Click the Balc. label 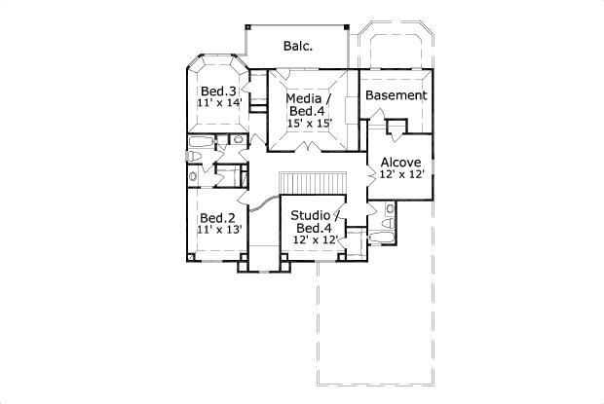pos(298,46)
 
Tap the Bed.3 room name pos(218,92)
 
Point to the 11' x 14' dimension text pos(219,103)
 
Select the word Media pos(304,98)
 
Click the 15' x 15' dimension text pos(310,123)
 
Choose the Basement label pos(396,95)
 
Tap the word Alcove pos(401,163)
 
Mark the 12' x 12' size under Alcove pos(401,174)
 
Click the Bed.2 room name pos(217,218)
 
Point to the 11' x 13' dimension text pos(219,230)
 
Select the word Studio pos(311,215)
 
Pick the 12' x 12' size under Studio pos(316,239)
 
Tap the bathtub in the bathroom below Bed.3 pos(201,141)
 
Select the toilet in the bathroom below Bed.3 pos(194,156)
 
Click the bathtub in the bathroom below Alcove pos(381,238)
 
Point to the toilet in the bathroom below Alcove pos(388,223)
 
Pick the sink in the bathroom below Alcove pos(391,209)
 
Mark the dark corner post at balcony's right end pos(346,27)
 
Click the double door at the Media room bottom pos(309,147)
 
